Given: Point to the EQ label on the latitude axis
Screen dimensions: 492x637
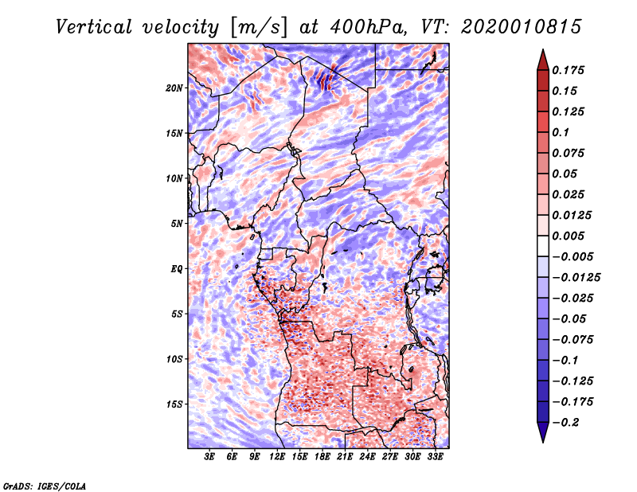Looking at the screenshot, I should click(x=177, y=269).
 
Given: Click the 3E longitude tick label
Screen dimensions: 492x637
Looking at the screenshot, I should click(x=210, y=457).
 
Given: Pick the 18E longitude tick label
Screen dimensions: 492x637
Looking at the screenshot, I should click(x=322, y=457).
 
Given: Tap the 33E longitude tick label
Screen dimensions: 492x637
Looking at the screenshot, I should click(x=435, y=457).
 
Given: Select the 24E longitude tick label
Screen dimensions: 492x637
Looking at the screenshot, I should click(x=367, y=457).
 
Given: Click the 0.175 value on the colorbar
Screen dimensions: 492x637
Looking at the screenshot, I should click(x=572, y=71).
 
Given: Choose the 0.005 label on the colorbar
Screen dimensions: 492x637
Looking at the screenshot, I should click(x=572, y=236).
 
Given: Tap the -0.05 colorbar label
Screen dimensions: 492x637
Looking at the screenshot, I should click(x=572, y=318).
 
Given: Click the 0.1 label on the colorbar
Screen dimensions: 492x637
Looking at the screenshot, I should click(x=565, y=132).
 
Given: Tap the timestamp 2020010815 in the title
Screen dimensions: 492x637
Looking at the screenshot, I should click(x=513, y=26).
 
